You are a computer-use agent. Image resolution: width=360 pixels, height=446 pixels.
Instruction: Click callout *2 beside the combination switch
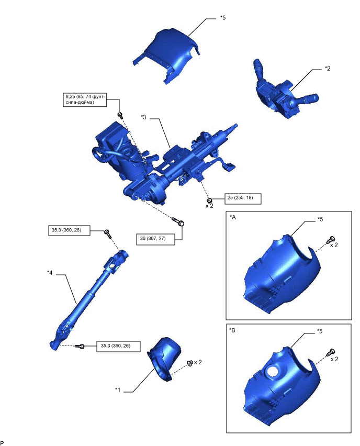point(328,69)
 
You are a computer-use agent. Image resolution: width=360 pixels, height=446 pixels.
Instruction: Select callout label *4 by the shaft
point(50,272)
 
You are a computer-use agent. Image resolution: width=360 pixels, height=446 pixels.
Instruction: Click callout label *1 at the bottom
point(118,389)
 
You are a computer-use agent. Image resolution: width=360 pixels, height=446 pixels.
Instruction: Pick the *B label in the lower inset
point(233,331)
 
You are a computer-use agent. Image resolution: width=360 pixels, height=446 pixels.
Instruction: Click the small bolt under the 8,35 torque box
point(120,115)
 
